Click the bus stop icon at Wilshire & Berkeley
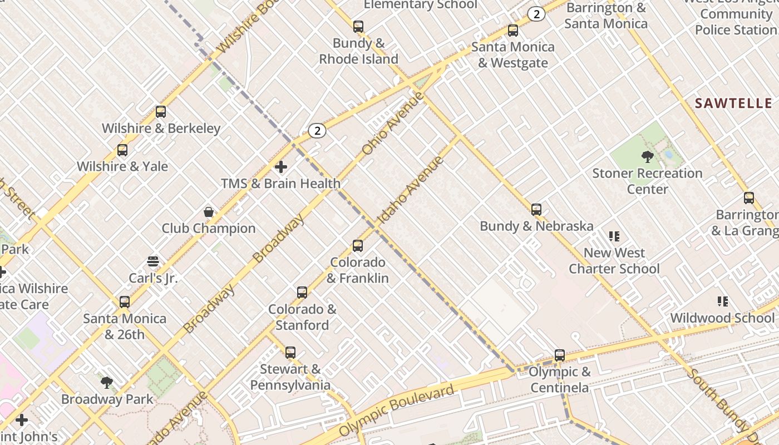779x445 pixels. [161, 112]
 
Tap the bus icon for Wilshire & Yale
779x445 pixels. [122, 150]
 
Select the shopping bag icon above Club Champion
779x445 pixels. [209, 212]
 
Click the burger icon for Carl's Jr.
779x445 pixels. [153, 261]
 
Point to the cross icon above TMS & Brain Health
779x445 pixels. [281, 167]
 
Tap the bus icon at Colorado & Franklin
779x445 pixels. [358, 246]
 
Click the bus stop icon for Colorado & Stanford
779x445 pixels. [302, 293]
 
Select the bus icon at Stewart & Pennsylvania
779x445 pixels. [290, 353]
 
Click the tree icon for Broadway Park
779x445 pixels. [107, 383]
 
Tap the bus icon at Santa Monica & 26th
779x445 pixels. [125, 302]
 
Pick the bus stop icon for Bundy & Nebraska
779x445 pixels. [536, 210]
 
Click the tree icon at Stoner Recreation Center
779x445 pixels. [647, 157]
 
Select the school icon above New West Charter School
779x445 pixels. [614, 236]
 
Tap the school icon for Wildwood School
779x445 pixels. [723, 301]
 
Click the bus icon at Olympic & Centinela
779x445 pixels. [560, 355]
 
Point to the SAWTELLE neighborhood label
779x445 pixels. [733, 103]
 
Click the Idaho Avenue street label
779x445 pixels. [411, 191]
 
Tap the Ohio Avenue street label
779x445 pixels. [393, 124]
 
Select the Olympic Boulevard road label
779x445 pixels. [396, 411]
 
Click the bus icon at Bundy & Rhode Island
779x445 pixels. [358, 27]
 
